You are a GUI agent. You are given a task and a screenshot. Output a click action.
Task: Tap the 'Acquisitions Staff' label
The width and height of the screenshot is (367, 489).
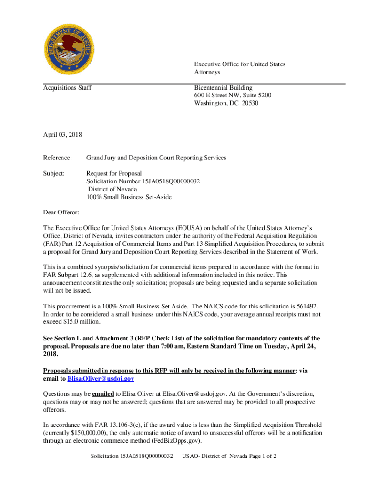pyautogui.click(x=67, y=88)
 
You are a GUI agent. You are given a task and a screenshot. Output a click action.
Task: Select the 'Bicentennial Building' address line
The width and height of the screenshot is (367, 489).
pyautogui.click(x=223, y=88)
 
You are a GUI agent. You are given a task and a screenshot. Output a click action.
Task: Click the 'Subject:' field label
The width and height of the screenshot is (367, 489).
pyautogui.click(x=54, y=173)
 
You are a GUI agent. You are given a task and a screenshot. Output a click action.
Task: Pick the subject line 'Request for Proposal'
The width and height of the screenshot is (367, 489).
pyautogui.click(x=114, y=173)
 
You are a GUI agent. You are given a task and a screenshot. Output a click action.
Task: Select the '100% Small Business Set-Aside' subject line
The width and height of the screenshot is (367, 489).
pyautogui.click(x=129, y=197)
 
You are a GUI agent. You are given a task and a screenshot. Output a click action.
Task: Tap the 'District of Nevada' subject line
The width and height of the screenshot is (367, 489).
pyautogui.click(x=112, y=189)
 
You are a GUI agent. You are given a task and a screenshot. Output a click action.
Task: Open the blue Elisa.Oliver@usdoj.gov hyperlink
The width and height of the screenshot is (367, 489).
pyautogui.click(x=101, y=378)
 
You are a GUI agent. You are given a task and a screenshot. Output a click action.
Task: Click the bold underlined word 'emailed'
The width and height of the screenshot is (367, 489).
pyautogui.click(x=103, y=394)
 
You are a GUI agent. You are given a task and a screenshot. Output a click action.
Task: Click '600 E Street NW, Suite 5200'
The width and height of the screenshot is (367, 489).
pyautogui.click(x=233, y=96)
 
